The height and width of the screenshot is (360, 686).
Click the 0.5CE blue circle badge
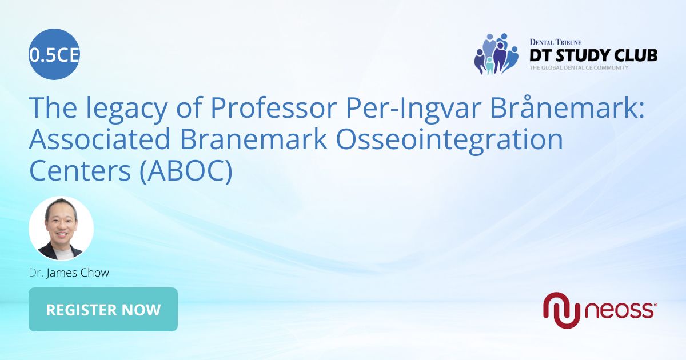point(54,54)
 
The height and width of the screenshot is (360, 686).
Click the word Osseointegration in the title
point(452,139)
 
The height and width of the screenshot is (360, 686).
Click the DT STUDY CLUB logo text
point(593,55)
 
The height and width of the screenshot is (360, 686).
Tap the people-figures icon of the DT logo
point(495,54)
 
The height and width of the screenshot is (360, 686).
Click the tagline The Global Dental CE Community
point(579,67)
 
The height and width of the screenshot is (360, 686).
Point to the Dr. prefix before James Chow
point(35,273)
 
